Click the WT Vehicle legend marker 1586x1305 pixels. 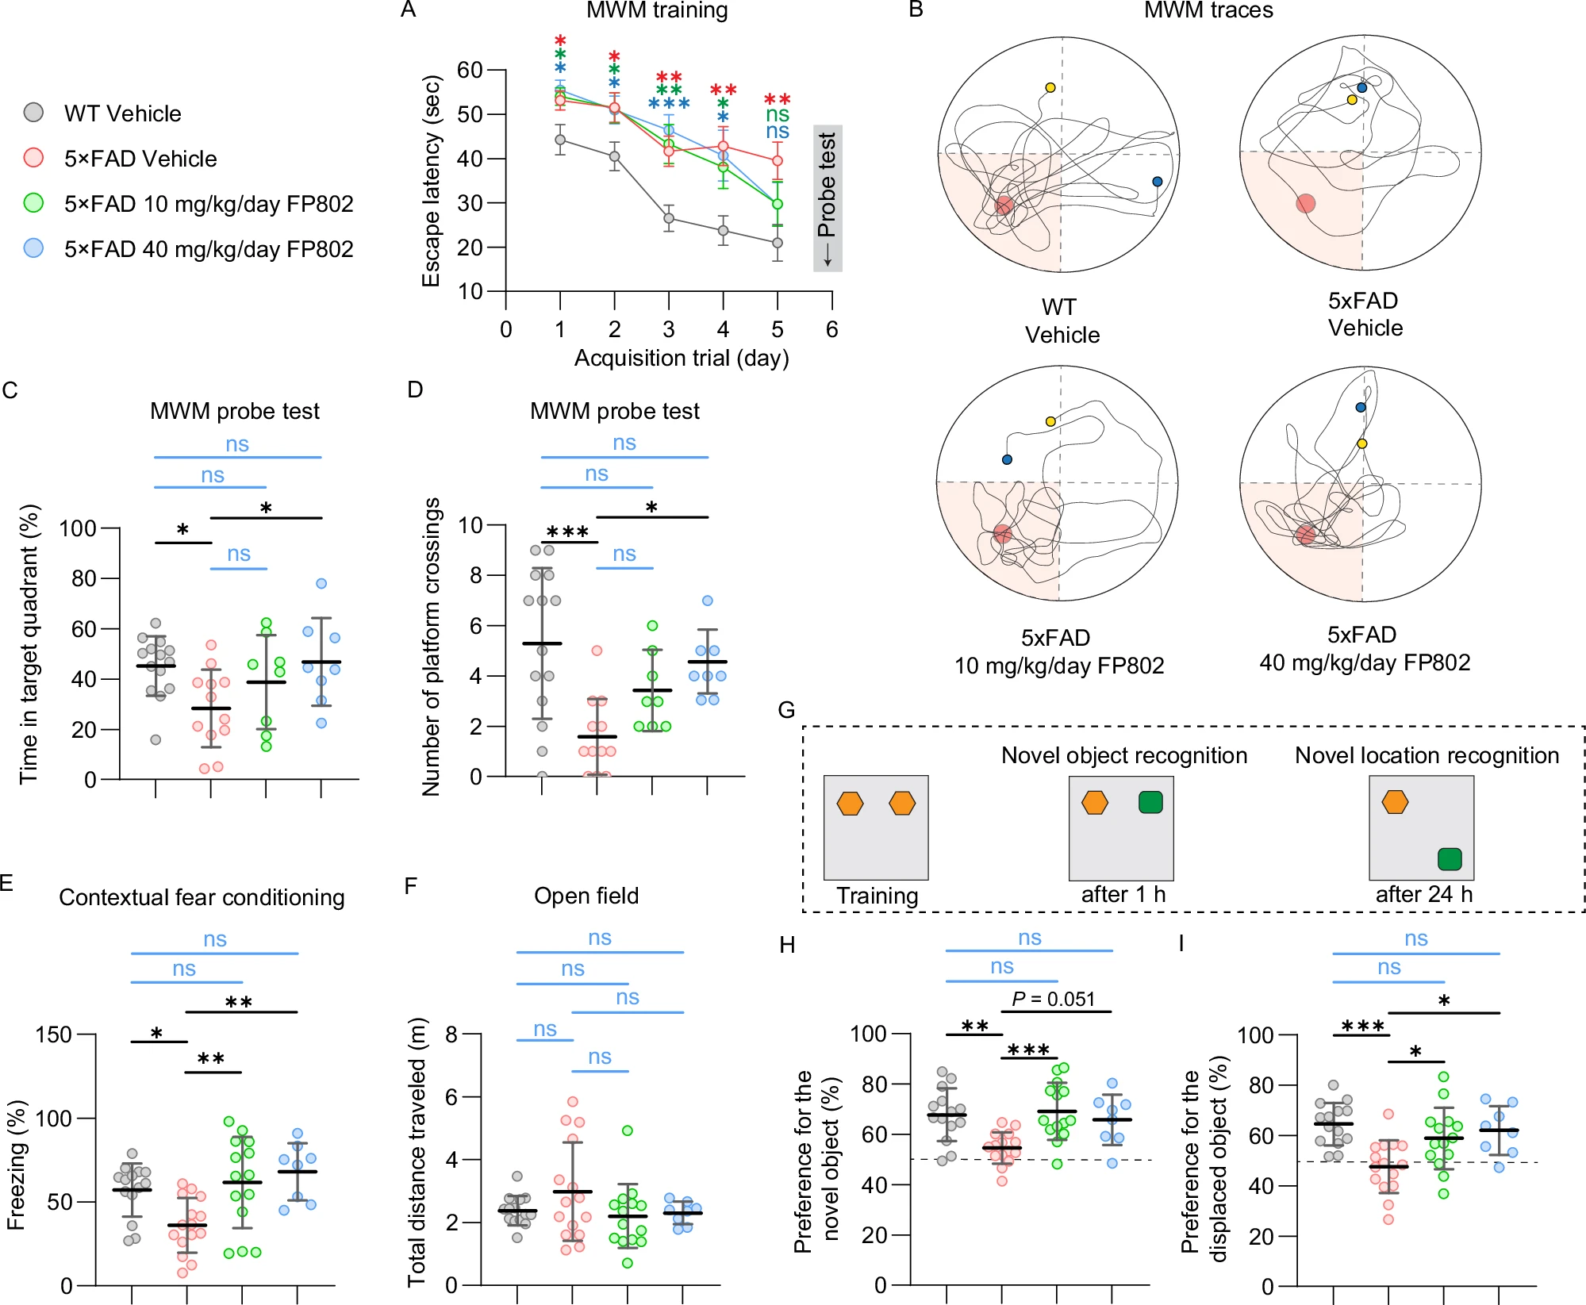33,113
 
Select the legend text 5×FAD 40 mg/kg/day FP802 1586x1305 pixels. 209,249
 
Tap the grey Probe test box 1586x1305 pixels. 828,198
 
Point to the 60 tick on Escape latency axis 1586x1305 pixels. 470,70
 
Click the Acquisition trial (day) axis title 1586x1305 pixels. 682,359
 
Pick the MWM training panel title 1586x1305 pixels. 657,10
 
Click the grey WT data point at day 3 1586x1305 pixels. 669,218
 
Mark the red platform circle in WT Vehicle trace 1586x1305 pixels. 1004,205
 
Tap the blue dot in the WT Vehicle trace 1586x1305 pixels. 1157,182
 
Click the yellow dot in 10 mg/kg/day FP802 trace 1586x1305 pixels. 1050,421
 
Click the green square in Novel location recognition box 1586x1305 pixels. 1450,859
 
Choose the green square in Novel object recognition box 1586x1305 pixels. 1150,802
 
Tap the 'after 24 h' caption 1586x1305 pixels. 1423,895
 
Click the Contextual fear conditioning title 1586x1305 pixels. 202,897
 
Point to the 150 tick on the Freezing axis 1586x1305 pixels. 53,1034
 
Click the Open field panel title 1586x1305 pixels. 586,896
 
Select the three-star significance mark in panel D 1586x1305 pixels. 568,532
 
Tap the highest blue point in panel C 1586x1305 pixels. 321,584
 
